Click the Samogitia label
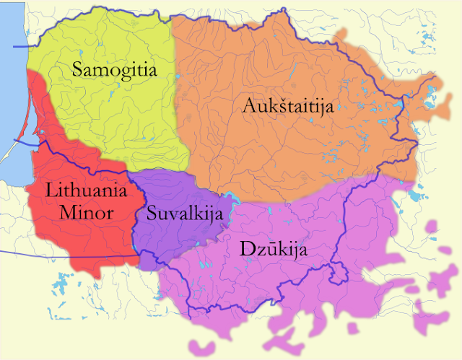(115, 70)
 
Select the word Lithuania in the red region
(86, 191)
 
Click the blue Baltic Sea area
(11, 87)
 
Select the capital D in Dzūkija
(245, 250)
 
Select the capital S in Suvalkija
(152, 213)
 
